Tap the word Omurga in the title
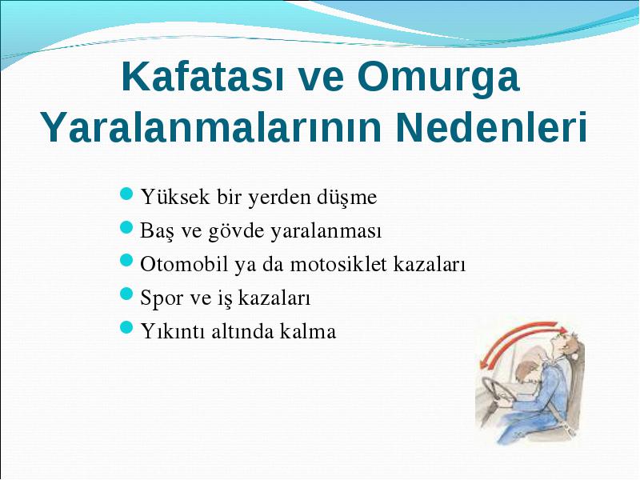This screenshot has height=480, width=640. tap(438, 78)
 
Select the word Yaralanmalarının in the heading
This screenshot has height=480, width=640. tap(211, 126)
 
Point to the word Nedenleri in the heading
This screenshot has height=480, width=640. tap(491, 126)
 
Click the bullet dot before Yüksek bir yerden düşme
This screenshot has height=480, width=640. tap(127, 193)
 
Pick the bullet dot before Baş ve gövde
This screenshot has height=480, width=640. tap(127, 227)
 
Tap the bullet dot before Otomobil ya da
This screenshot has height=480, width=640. tap(127, 260)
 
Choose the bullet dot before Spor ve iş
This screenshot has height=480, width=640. tap(127, 294)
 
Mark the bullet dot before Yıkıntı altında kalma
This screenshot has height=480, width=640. tap(127, 327)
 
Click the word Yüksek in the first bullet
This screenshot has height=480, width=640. tap(175, 197)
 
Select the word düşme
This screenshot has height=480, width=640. tap(346, 198)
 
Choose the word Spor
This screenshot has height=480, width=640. tap(161, 298)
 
